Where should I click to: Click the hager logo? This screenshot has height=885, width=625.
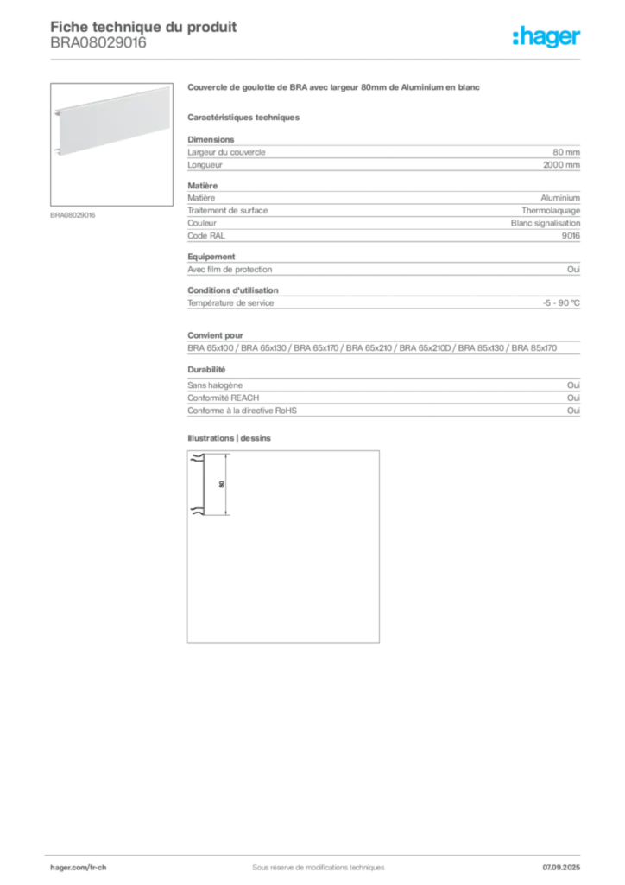(x=546, y=37)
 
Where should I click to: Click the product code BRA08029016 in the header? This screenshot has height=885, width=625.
(x=98, y=42)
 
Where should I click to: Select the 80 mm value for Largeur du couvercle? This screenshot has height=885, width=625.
(x=565, y=152)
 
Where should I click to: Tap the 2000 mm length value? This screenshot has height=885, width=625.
(x=561, y=165)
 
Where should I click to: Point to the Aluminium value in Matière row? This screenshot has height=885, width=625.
(x=560, y=198)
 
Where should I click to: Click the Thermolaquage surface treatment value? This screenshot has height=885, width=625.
(x=551, y=211)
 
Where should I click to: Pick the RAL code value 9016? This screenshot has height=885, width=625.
(x=571, y=235)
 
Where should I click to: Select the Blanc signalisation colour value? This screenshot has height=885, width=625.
(x=545, y=223)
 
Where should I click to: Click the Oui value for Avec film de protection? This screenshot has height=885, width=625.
(x=573, y=270)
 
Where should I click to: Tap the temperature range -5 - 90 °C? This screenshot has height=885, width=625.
(x=561, y=303)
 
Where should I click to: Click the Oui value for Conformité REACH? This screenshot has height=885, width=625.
(x=573, y=398)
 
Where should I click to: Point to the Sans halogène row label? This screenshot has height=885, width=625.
(x=215, y=385)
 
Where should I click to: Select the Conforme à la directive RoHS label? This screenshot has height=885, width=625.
(x=242, y=411)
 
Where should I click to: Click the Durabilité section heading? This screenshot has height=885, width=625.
(x=206, y=370)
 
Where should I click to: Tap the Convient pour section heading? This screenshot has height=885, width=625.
(x=215, y=335)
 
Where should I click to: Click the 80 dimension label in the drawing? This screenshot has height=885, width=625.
(x=222, y=484)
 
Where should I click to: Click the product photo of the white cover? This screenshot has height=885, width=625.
(x=111, y=144)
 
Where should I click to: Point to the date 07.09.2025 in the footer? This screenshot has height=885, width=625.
(x=561, y=868)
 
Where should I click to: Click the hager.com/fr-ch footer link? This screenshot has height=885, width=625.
(x=78, y=868)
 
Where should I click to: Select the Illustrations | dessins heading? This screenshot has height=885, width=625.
(x=229, y=438)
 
